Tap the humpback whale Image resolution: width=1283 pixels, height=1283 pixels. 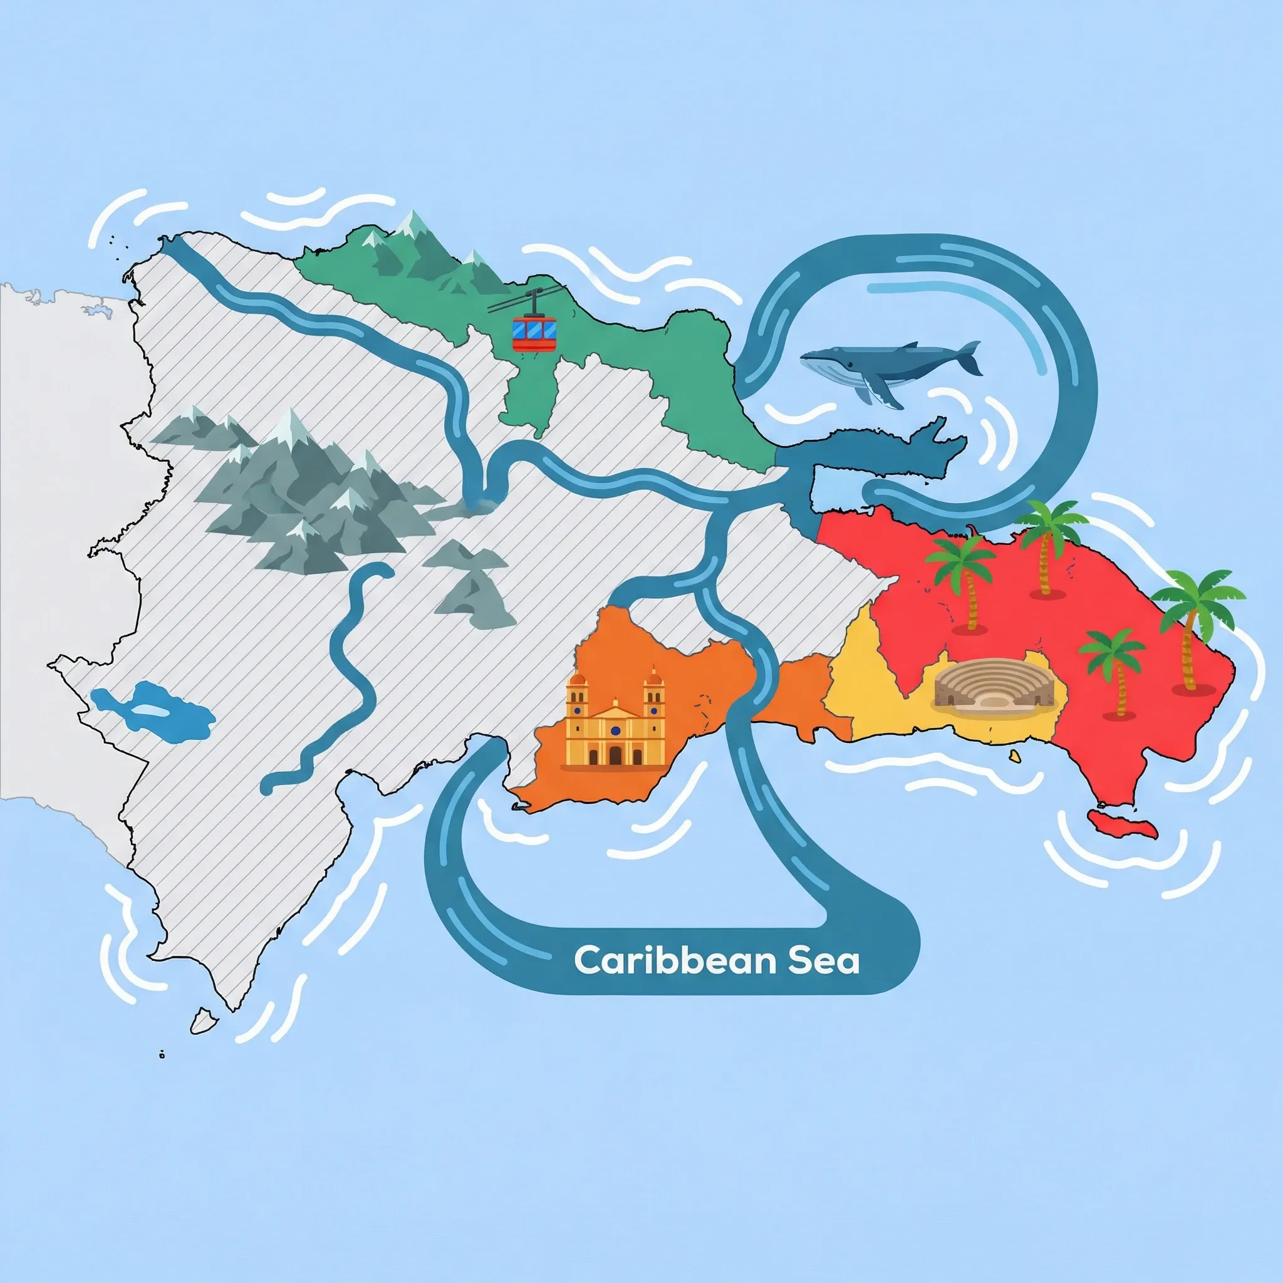coord(883,366)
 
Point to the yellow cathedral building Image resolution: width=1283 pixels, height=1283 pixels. coord(615,723)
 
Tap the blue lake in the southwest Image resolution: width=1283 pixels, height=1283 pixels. coord(154,710)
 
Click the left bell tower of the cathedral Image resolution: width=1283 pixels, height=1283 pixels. coord(576,694)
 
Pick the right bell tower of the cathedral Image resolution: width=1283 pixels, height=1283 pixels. coord(654,694)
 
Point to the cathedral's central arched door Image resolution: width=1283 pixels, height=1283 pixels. coord(615,754)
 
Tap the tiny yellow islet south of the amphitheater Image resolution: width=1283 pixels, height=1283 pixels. coord(1015,756)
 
